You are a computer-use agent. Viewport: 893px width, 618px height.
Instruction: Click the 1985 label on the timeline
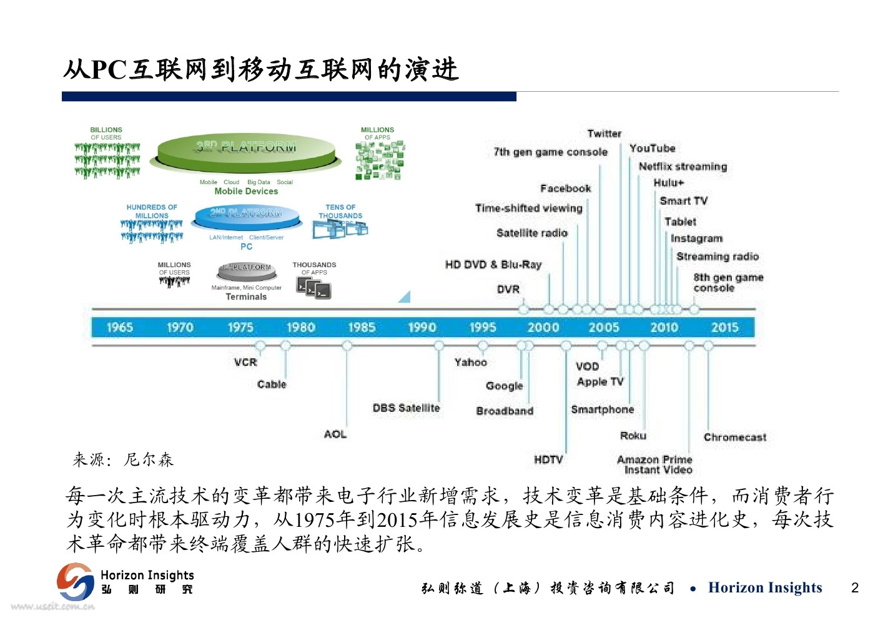tap(362, 327)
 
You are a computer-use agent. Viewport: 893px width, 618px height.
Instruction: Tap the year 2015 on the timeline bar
tap(724, 327)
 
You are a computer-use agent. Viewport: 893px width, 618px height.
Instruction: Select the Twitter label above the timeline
tap(604, 134)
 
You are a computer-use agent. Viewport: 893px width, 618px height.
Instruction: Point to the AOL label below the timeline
tap(335, 434)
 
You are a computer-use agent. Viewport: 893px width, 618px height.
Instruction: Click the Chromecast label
tap(734, 437)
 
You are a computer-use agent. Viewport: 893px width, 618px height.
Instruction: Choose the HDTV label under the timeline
tap(548, 459)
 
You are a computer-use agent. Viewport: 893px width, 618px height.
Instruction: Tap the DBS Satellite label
tap(406, 408)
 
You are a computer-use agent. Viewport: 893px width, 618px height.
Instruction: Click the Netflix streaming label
tap(683, 167)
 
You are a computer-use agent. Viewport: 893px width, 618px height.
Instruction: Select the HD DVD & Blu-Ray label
tap(493, 265)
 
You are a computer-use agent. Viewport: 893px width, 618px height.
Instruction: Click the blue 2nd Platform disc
tap(246, 215)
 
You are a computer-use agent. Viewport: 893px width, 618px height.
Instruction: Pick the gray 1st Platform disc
tap(247, 270)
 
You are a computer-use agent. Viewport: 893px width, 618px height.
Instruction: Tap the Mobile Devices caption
tap(246, 192)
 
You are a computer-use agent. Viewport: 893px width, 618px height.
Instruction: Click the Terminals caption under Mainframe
tap(246, 297)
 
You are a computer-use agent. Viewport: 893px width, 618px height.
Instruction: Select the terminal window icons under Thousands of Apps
tap(314, 288)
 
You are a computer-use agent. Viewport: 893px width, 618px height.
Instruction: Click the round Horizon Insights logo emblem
tap(76, 582)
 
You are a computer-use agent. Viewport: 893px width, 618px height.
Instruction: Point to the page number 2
tap(855, 587)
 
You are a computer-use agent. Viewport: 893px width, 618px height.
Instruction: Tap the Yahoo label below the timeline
tap(470, 362)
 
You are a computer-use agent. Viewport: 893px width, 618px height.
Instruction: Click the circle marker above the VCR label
tap(260, 345)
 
